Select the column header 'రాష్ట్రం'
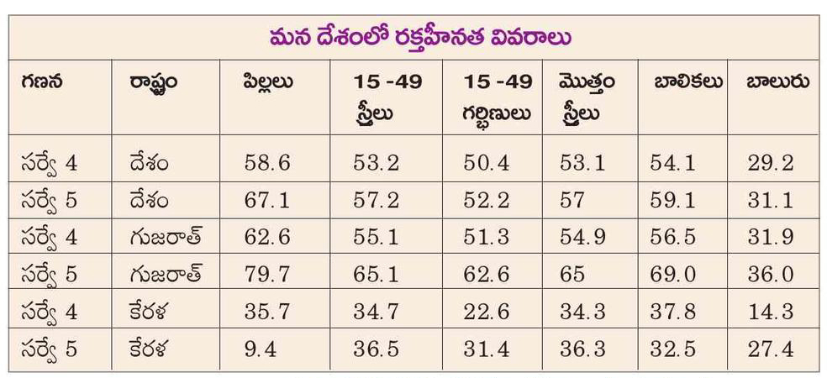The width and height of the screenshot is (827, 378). tap(154, 84)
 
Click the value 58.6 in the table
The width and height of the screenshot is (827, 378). tap(267, 163)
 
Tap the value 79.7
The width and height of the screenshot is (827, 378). tap(267, 274)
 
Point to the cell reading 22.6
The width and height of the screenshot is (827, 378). tap(486, 312)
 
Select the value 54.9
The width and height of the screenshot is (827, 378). tap(582, 237)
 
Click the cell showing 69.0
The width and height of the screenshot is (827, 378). tap(672, 274)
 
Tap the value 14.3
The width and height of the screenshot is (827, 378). tap(771, 312)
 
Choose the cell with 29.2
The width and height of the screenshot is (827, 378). tap(771, 163)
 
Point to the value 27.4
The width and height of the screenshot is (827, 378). tap(771, 349)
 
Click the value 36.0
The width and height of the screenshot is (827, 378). tap(771, 274)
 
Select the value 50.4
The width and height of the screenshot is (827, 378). tap(486, 163)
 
